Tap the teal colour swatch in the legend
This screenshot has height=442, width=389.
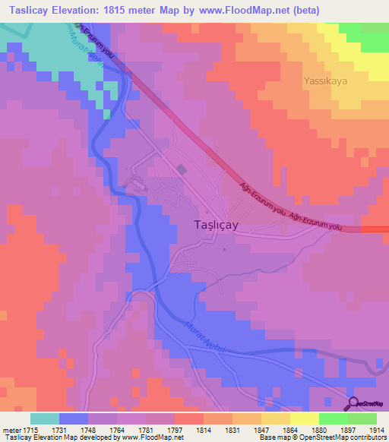[45, 418]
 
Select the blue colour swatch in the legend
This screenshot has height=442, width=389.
[74, 418]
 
